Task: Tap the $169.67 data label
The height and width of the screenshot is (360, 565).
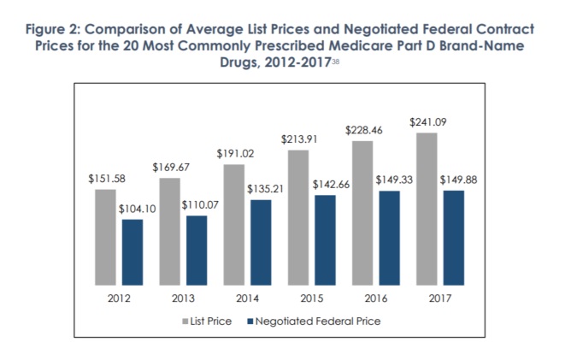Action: coord(169,168)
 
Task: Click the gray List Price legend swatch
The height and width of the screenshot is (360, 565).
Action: coord(185,322)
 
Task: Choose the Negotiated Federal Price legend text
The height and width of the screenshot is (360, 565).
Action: coord(314,322)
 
